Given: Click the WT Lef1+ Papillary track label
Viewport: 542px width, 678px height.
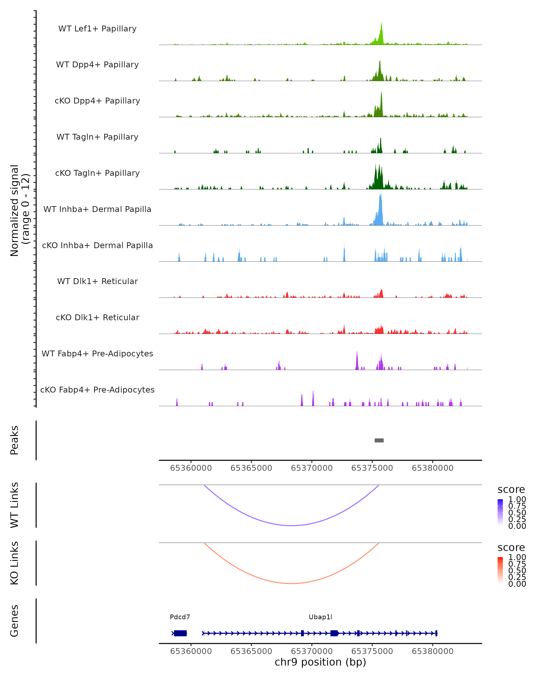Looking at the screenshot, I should (97, 29).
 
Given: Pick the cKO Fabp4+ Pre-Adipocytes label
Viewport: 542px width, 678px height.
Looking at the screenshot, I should (97, 390).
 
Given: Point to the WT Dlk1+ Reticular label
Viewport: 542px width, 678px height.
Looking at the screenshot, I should (97, 281).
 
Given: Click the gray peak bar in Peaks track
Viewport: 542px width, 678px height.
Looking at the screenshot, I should (379, 440).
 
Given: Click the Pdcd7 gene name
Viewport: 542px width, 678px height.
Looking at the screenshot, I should (180, 617).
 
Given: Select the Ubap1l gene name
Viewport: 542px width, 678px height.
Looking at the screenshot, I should (320, 617).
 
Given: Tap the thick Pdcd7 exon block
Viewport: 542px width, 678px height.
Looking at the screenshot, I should (180, 633).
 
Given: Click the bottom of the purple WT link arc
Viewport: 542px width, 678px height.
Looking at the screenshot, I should (292, 525).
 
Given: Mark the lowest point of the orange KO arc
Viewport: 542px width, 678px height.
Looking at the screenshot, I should (292, 583).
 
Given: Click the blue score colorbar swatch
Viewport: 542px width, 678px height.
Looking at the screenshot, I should (500, 512).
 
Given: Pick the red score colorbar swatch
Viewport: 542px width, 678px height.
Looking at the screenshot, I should (500, 570).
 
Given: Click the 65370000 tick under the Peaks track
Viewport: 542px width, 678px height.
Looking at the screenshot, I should (312, 468).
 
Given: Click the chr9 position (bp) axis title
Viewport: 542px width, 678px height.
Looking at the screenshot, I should (320, 662).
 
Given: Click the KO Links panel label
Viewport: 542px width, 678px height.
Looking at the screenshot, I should (14, 563).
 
